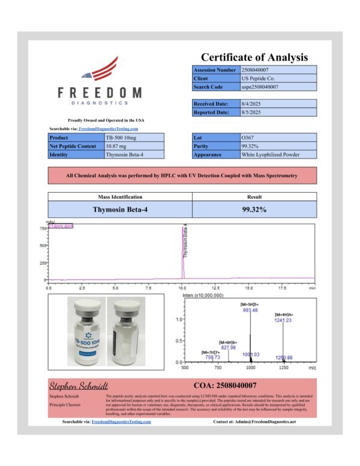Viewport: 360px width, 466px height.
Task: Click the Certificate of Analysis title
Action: tap(254, 58)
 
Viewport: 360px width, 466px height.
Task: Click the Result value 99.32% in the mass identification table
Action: tap(254, 210)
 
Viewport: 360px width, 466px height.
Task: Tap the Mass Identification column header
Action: tap(120, 197)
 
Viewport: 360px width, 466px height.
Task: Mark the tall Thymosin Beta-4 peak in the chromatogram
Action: tap(182, 252)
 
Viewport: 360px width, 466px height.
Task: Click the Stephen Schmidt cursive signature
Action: tap(79, 385)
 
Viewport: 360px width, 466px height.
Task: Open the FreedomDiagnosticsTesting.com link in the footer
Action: tap(121, 422)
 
